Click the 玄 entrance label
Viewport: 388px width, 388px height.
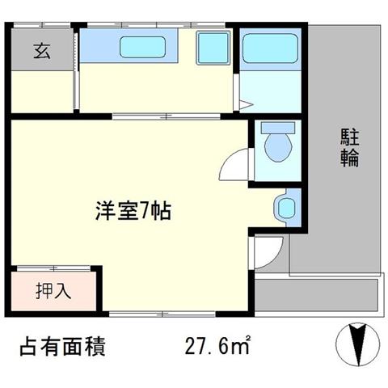[x=42, y=51]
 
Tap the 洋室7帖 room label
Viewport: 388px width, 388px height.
[x=133, y=211]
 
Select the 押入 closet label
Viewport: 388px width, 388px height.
[x=53, y=291]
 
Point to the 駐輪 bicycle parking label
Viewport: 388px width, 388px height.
[x=350, y=148]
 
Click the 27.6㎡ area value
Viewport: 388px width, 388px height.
[x=217, y=345]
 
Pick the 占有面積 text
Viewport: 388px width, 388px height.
[x=62, y=346]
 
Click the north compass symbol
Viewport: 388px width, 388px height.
[x=358, y=344]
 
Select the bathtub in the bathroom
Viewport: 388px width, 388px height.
[x=270, y=48]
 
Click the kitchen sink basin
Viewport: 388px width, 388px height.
[x=142, y=47]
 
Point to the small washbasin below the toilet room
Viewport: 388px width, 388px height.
[x=285, y=208]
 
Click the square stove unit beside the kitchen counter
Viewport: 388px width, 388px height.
[x=213, y=48]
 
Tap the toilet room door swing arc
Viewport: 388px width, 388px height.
[x=234, y=164]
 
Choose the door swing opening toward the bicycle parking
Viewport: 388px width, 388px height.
[x=268, y=252]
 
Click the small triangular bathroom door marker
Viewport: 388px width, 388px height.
[x=246, y=104]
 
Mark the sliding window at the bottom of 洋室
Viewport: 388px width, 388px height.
[x=162, y=314]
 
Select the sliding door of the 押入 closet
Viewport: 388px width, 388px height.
[x=53, y=268]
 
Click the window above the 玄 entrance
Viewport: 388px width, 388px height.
[x=42, y=25]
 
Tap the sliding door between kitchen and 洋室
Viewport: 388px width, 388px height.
[x=167, y=116]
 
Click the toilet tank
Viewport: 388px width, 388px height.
[x=278, y=128]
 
